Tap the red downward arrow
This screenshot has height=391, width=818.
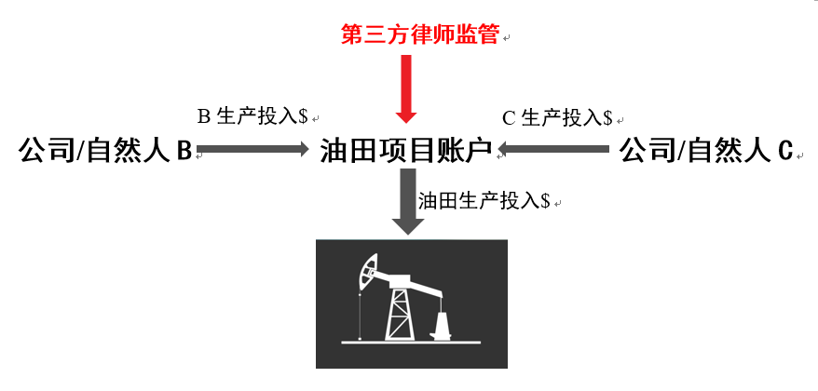(x=406, y=89)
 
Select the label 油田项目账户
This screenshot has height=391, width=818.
(x=406, y=149)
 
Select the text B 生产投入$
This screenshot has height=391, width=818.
(x=252, y=117)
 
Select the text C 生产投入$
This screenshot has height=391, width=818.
(x=556, y=118)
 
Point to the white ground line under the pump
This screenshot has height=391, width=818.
(x=410, y=343)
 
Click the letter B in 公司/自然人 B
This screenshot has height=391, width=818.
(x=184, y=149)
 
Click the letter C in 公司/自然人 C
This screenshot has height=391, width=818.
(x=784, y=149)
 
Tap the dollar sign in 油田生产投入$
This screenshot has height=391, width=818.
(x=545, y=200)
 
